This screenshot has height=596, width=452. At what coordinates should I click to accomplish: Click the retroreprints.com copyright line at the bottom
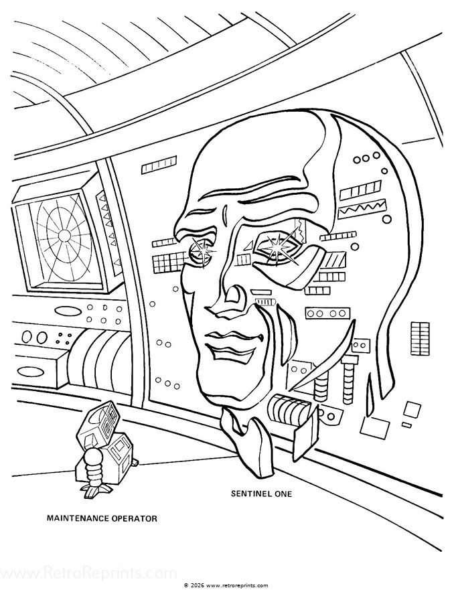click(x=226, y=584)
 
